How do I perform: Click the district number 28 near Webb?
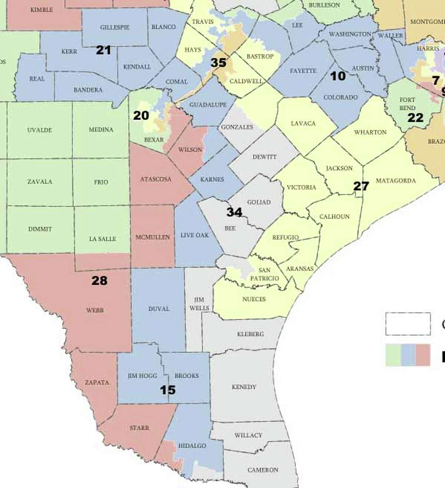[x=99, y=281]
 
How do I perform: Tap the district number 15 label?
[x=168, y=390]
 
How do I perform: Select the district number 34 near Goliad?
[x=234, y=212]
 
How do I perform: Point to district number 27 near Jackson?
[x=361, y=186]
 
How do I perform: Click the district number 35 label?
[x=218, y=63]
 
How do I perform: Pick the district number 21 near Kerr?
[x=103, y=50]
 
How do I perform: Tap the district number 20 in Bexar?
[x=141, y=116]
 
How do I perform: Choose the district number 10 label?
[x=338, y=76]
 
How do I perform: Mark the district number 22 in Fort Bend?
[x=415, y=118]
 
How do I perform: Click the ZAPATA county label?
[x=97, y=383]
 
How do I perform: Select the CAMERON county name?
[x=263, y=470]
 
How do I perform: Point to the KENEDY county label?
[x=244, y=387]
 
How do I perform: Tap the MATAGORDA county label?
[x=396, y=181]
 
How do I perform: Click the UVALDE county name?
[x=39, y=130]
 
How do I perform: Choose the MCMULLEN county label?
[x=152, y=237]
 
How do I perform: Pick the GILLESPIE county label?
[x=115, y=27]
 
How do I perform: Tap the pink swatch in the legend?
[x=423, y=355]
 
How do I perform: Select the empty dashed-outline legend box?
[x=408, y=324]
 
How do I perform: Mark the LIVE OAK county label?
[x=195, y=235]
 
